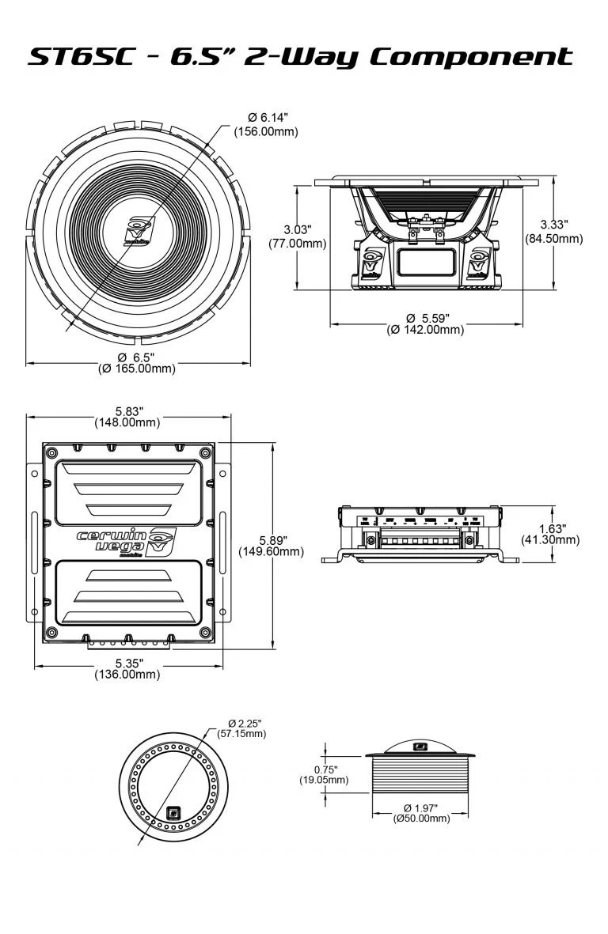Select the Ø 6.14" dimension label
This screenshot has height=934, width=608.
(x=266, y=118)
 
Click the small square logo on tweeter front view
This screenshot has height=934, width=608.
(x=174, y=811)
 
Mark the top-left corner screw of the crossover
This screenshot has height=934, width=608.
(x=52, y=452)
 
